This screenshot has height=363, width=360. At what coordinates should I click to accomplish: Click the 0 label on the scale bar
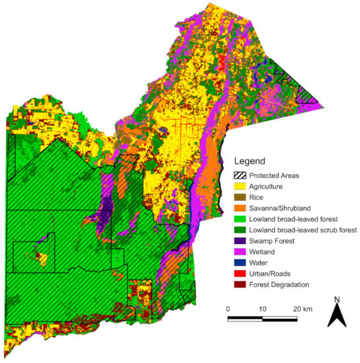click(228, 310)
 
